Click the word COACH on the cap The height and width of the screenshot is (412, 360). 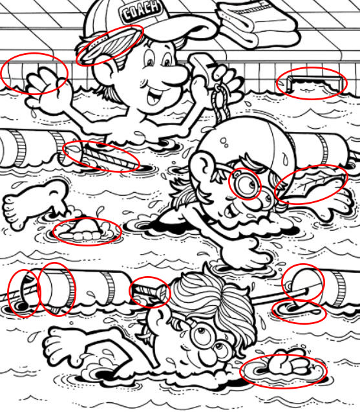(x=141, y=11)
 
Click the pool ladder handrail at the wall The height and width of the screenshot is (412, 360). (x=315, y=78)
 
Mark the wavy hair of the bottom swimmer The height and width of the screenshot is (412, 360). (x=213, y=297)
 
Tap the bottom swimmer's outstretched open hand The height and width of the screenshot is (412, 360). (x=63, y=344)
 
